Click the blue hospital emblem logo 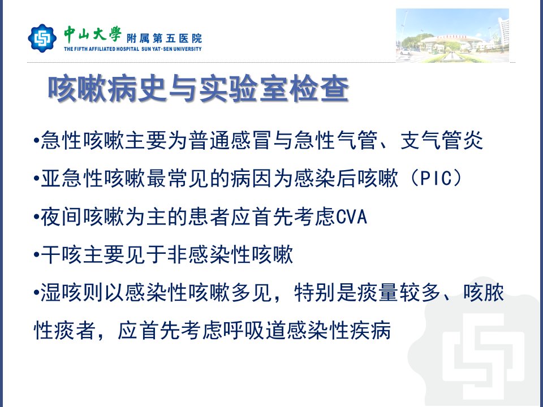point(42,38)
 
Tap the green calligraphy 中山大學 point(92,34)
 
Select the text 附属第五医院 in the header point(164,38)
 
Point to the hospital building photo point(453,35)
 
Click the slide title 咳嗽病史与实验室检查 point(199,90)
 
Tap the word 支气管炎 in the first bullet point(441,141)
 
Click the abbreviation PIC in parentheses point(436,179)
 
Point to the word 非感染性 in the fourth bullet point(209,255)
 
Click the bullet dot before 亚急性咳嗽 point(36,179)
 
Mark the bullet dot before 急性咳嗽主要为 point(36,141)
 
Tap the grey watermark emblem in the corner point(478,343)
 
